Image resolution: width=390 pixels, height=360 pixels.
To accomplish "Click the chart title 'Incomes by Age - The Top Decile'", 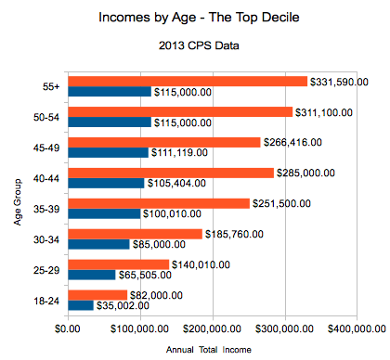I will [194, 18].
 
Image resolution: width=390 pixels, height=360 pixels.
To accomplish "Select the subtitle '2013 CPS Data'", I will [194, 46].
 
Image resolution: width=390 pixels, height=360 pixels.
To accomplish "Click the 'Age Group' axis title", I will [18, 193].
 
